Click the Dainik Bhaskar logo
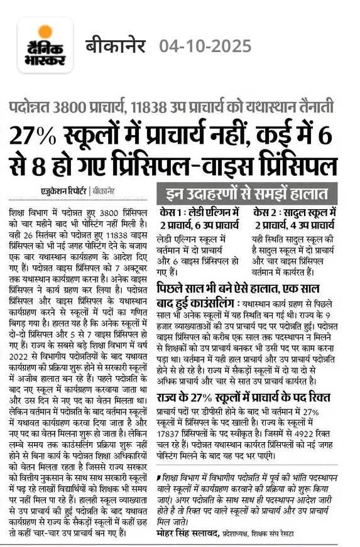click(45, 45)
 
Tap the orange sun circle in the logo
click(45, 31)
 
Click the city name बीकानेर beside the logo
click(116, 46)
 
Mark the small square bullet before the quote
click(160, 480)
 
